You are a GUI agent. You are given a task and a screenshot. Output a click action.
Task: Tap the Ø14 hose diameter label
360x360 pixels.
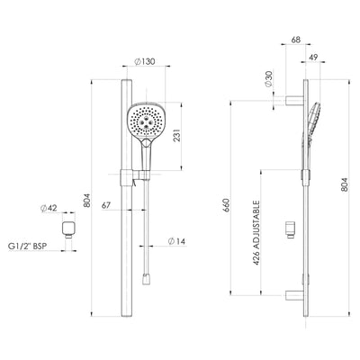point(177,241)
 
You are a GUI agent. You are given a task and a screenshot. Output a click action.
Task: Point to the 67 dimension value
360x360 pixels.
point(106,206)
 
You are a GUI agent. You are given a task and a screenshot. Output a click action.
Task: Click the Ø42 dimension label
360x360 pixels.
point(50,209)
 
